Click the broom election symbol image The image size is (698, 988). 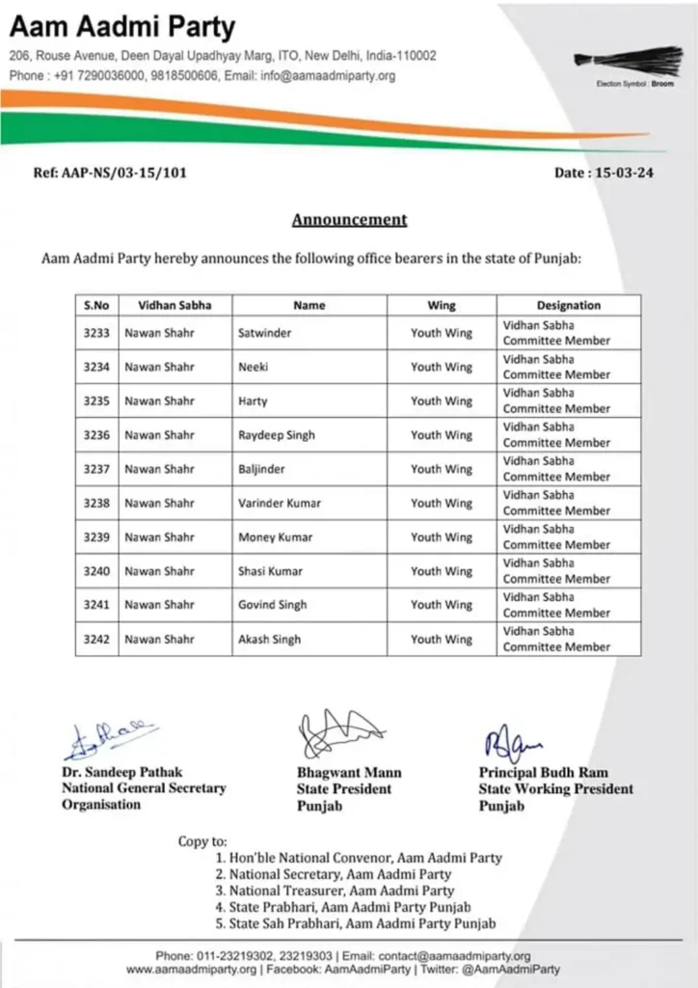click(x=629, y=61)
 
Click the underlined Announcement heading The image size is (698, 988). click(x=349, y=219)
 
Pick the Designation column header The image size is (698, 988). click(x=568, y=305)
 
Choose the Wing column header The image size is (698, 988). click(x=442, y=305)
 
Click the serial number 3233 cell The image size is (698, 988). click(x=96, y=333)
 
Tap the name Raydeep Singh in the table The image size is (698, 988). click(x=277, y=435)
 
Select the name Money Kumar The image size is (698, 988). click(x=275, y=537)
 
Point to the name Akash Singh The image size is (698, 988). click(x=269, y=639)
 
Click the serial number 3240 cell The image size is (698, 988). click(x=96, y=571)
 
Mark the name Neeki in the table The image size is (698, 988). click(x=253, y=367)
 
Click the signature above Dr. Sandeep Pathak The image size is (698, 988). click(x=108, y=738)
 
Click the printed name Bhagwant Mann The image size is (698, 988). click(x=349, y=773)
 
